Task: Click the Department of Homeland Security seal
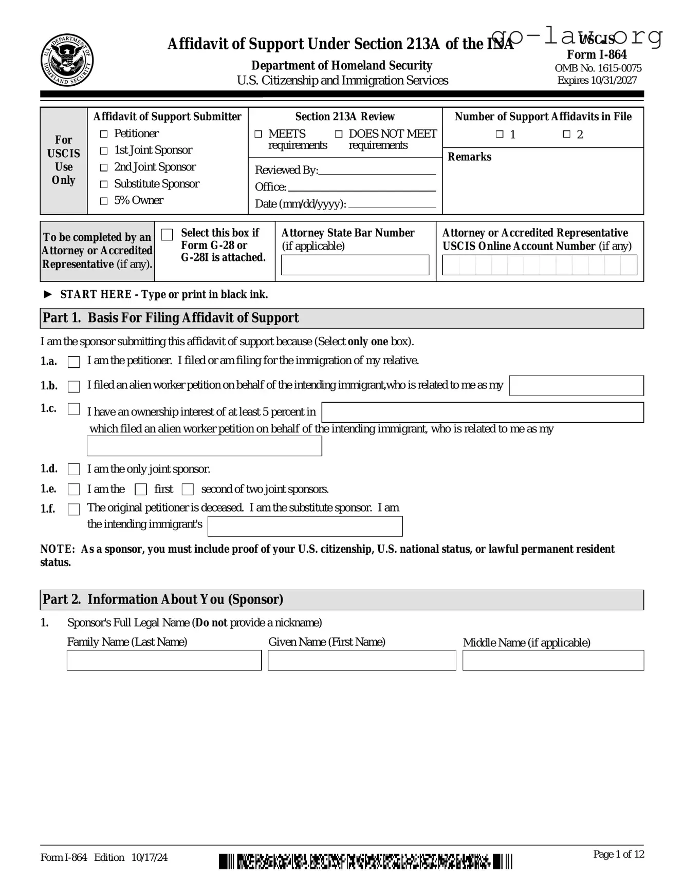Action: click(x=67, y=61)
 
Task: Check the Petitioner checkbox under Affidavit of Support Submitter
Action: click(x=104, y=134)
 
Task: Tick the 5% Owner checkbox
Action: click(x=104, y=201)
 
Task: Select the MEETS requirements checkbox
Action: click(x=258, y=134)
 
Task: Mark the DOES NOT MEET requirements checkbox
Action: click(x=339, y=134)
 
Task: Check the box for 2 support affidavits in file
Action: click(x=566, y=134)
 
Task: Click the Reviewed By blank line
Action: click(x=377, y=171)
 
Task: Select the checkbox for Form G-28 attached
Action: click(x=168, y=235)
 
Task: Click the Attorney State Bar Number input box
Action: click(x=355, y=265)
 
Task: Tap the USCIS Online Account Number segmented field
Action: click(x=539, y=265)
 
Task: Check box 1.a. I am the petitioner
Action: click(x=74, y=362)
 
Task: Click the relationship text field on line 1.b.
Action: click(x=576, y=386)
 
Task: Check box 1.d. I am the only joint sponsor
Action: click(x=74, y=469)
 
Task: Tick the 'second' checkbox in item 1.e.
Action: click(x=188, y=489)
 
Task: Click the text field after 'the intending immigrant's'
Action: click(x=305, y=526)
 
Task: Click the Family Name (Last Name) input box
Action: click(x=164, y=661)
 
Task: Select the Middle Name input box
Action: click(x=553, y=661)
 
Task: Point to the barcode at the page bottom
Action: click(x=365, y=861)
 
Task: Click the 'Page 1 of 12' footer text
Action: click(x=618, y=854)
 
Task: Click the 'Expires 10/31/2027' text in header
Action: click(x=597, y=80)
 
